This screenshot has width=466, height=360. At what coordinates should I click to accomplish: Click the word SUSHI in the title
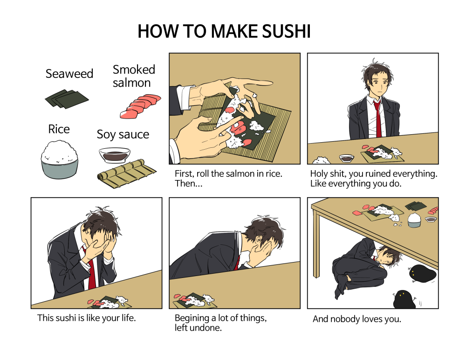click(286, 31)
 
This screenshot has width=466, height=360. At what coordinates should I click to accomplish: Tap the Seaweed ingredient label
click(69, 74)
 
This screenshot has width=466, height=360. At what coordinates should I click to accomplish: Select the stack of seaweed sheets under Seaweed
click(67, 99)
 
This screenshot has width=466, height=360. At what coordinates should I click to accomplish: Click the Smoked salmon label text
click(134, 76)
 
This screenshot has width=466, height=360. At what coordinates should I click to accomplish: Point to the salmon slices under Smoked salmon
click(140, 106)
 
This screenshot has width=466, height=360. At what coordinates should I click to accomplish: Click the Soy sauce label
click(123, 134)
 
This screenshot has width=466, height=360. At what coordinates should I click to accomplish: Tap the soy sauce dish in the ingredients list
click(115, 155)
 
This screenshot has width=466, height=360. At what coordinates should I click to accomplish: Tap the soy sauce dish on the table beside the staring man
click(347, 158)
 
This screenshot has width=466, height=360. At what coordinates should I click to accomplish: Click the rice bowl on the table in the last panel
click(414, 220)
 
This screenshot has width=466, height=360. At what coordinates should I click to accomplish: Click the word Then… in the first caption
click(188, 183)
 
